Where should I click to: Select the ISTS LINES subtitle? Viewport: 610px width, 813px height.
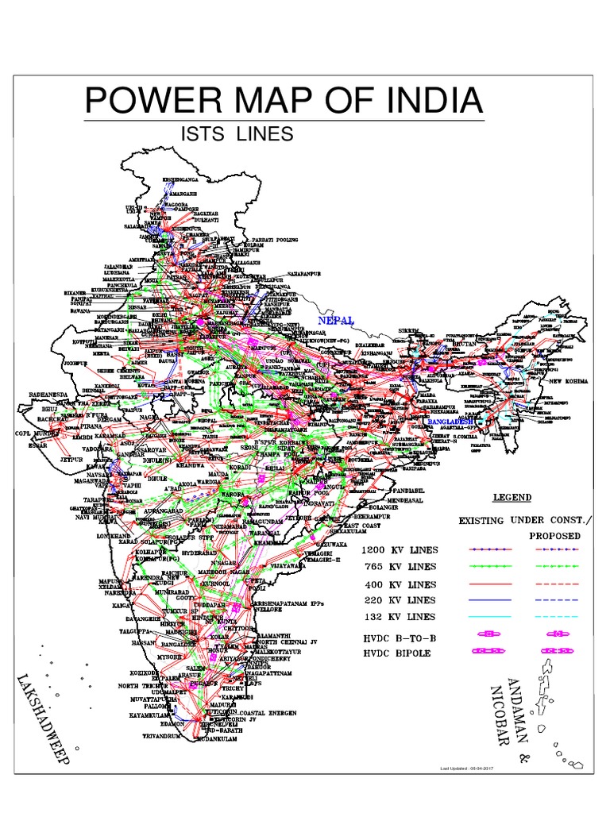[x=237, y=134]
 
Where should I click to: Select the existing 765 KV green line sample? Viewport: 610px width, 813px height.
[x=477, y=567]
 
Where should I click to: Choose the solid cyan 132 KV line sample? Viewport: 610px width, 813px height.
[x=477, y=616]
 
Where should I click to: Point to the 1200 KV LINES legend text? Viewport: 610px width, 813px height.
[x=399, y=550]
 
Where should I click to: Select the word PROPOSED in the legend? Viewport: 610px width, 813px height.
[x=555, y=535]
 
